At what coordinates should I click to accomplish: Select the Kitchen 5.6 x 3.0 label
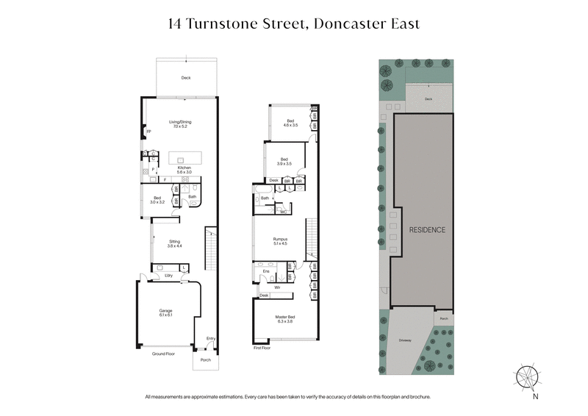(180, 170)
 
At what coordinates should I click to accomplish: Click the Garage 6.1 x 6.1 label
(165, 312)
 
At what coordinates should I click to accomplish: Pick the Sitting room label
(175, 243)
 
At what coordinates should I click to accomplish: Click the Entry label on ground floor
(211, 339)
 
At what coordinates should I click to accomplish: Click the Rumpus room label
(280, 240)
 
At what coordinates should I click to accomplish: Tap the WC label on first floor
(283, 212)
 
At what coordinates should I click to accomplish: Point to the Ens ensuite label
(265, 270)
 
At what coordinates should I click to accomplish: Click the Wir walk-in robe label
(277, 287)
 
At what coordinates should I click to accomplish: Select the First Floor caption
(262, 348)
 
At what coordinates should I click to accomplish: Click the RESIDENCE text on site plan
(427, 230)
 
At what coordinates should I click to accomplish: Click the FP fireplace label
(148, 132)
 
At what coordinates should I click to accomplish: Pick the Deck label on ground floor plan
(186, 77)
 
